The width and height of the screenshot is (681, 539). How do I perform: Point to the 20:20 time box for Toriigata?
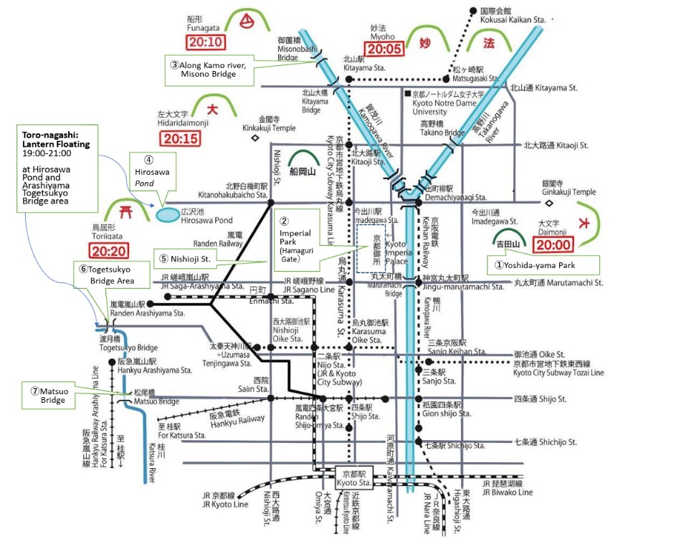coord(110,251)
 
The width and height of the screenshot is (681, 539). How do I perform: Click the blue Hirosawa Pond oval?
coord(166,214)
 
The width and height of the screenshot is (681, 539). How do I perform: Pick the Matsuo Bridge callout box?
coord(49,396)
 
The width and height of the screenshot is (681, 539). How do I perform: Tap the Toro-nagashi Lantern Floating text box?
coord(55,167)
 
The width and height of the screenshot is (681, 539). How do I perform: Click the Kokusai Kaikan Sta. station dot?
coord(474,11)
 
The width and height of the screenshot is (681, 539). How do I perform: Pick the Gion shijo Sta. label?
coord(449,410)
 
